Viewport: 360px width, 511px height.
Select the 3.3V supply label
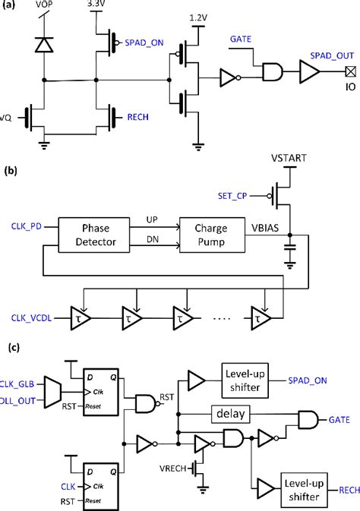97,5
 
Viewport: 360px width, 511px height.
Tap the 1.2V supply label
197,17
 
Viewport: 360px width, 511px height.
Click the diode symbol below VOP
45,44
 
